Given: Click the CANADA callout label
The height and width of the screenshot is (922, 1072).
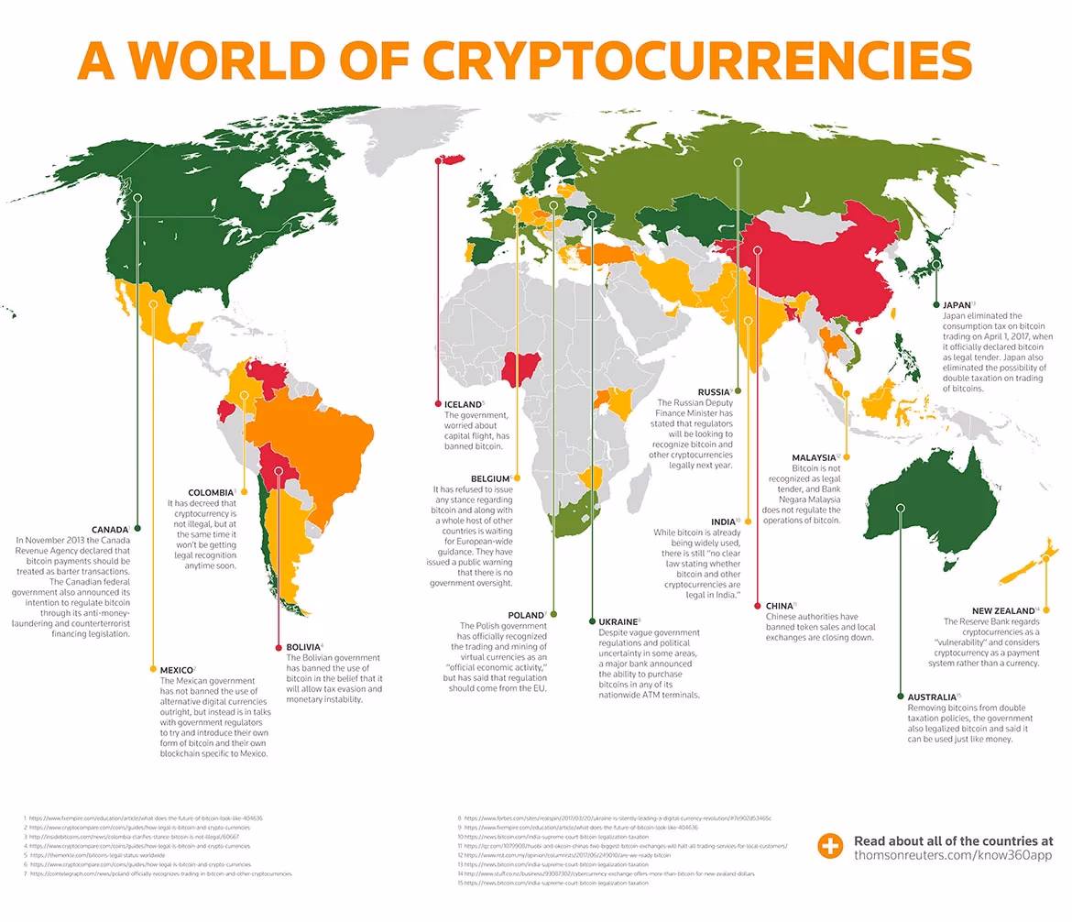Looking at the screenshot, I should (x=110, y=529).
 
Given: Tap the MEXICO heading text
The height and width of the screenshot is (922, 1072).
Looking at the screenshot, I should (x=176, y=670).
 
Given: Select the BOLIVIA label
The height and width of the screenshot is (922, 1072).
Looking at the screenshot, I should (x=303, y=647).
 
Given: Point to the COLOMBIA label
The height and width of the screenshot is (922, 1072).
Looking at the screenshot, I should (x=211, y=492).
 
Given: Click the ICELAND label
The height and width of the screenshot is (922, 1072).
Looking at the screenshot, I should (x=463, y=404).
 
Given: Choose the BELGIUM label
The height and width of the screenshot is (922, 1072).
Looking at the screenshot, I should (x=490, y=478).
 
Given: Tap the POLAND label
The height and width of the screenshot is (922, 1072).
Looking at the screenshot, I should (x=526, y=615).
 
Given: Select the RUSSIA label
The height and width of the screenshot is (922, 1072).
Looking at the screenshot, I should (x=714, y=392).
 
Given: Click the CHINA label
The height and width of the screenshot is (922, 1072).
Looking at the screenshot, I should (x=779, y=606).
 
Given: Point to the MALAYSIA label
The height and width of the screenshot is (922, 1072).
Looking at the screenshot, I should (x=814, y=457).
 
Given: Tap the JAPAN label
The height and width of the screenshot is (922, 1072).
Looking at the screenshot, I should (x=957, y=304).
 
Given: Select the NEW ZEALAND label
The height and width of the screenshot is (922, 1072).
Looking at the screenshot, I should (x=1004, y=610).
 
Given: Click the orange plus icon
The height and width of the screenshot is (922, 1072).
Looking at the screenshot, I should (x=830, y=847).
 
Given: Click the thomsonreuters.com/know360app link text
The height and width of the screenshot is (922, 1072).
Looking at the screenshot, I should (x=953, y=855).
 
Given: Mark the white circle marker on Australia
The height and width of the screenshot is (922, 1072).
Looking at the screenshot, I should (x=901, y=507).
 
